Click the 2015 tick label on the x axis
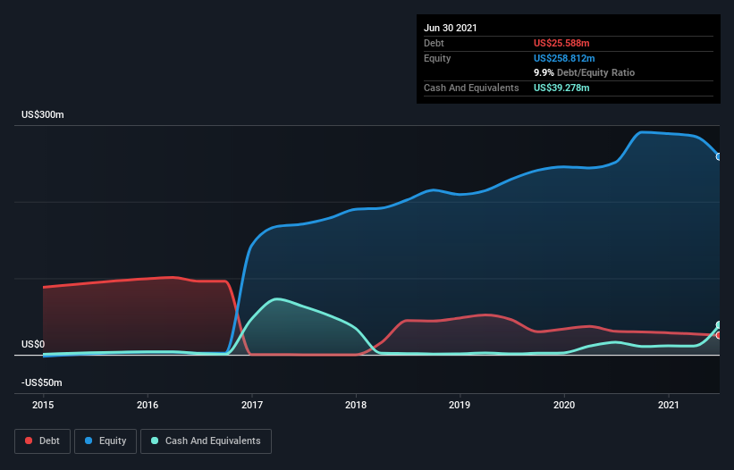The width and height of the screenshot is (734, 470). [x=43, y=405]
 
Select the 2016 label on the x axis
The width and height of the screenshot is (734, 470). [x=148, y=405]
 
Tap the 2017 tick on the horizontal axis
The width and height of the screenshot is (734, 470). [x=252, y=405]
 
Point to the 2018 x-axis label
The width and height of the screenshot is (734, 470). [x=356, y=405]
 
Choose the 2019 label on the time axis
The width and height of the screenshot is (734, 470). [x=460, y=405]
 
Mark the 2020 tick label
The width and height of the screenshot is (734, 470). [x=564, y=405]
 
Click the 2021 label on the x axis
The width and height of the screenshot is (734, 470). [x=669, y=405]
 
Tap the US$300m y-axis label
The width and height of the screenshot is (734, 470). [x=44, y=115]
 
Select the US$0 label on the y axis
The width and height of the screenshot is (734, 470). [x=33, y=344]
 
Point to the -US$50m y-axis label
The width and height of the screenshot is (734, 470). [x=42, y=382]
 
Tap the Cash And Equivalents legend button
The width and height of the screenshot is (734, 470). [x=206, y=441]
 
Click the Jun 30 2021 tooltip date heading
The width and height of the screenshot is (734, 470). [x=451, y=28]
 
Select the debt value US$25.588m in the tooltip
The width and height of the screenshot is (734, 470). [x=561, y=43]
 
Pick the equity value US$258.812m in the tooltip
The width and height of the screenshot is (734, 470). [x=564, y=58]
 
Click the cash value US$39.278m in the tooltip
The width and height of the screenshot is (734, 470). [x=561, y=88]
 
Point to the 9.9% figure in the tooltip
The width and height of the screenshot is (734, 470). [x=544, y=72]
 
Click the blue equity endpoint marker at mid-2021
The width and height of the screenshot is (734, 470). [x=719, y=156]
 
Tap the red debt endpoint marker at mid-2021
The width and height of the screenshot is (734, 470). [x=719, y=335]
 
